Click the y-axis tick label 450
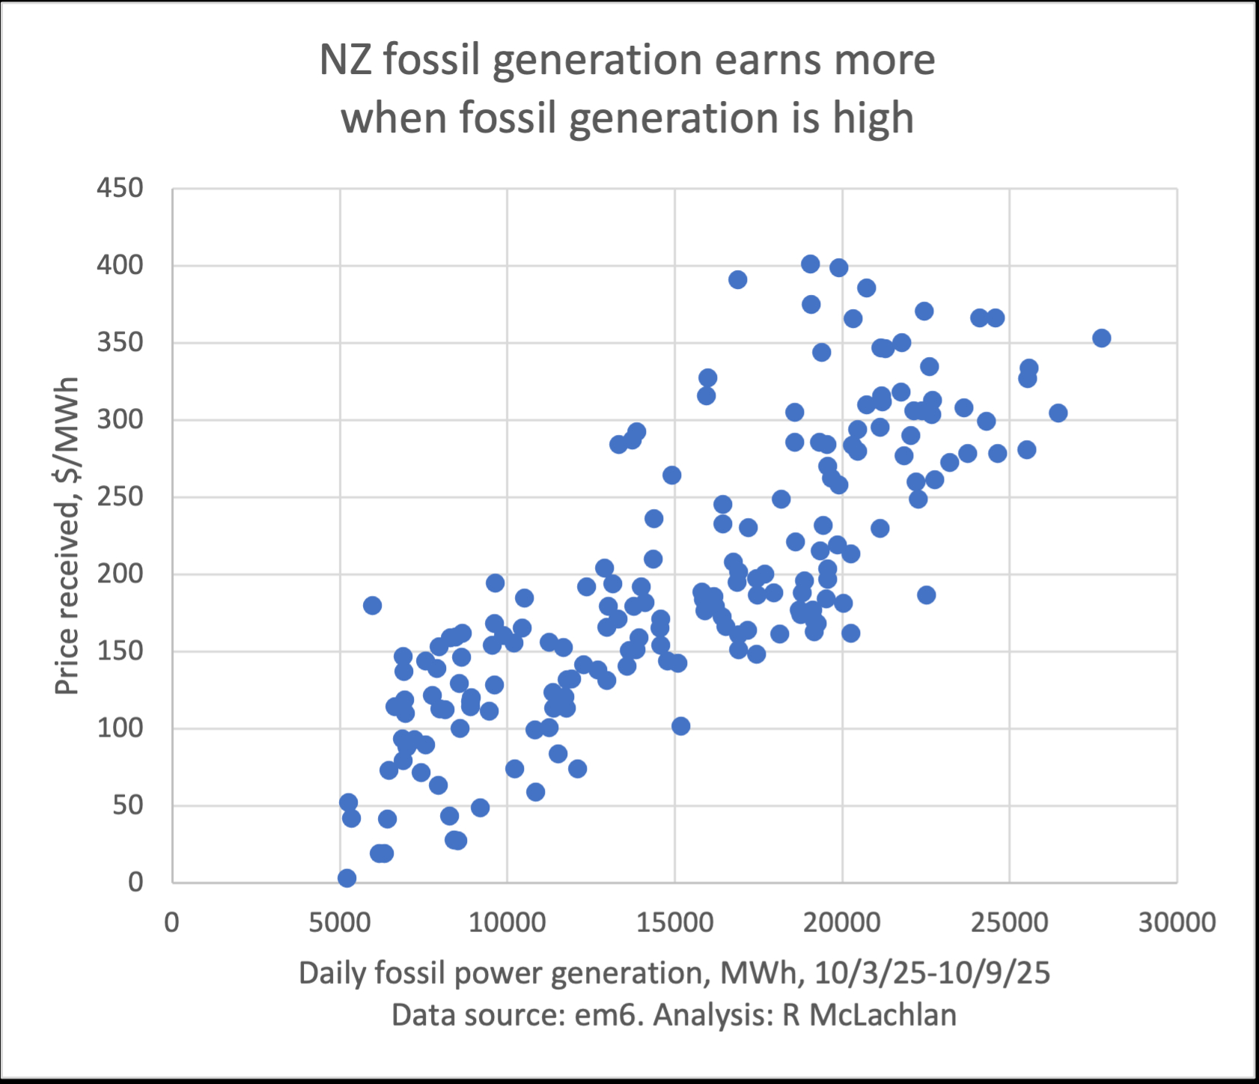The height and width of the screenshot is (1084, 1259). [120, 188]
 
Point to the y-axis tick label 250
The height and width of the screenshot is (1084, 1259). [120, 496]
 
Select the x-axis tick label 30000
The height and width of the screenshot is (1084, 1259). [1177, 922]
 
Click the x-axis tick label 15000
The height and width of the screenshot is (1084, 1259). [674, 922]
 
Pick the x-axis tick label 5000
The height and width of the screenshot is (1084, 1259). [340, 922]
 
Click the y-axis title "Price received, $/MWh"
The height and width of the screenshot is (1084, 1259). [67, 536]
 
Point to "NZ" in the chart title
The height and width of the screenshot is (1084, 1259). [346, 60]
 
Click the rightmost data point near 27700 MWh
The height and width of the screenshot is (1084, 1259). [1101, 338]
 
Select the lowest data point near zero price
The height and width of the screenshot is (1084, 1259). [347, 877]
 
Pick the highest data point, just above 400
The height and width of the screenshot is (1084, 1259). [810, 264]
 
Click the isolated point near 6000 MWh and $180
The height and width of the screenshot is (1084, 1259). [372, 605]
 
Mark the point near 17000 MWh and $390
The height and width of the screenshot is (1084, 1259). [737, 280]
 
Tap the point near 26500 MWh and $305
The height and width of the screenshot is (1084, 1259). [1058, 413]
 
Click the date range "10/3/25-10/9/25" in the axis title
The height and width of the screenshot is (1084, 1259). [932, 973]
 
